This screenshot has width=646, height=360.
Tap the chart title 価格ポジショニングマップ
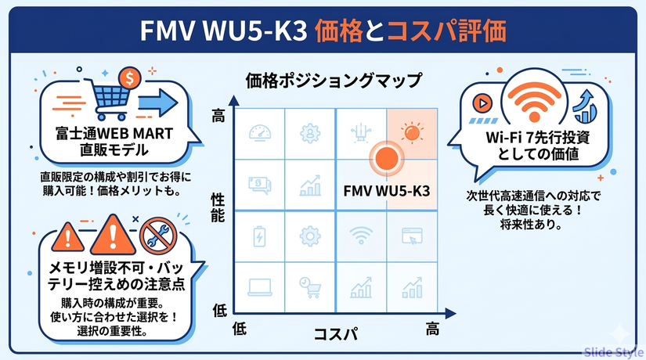pyautogui.click(x=333, y=81)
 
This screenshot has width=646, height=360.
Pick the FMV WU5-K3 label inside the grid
pyautogui.click(x=385, y=190)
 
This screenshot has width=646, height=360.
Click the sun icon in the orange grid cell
pyautogui.click(x=410, y=132)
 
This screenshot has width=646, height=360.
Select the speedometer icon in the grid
pyautogui.click(x=259, y=133)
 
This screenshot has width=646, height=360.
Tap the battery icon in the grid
pyautogui.click(x=259, y=236)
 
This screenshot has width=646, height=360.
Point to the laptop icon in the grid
pyautogui.click(x=259, y=287)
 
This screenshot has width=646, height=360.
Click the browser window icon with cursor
pyautogui.click(x=410, y=236)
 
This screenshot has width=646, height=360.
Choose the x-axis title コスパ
pyautogui.click(x=335, y=334)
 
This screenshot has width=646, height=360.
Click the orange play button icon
pyautogui.click(x=483, y=103)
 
